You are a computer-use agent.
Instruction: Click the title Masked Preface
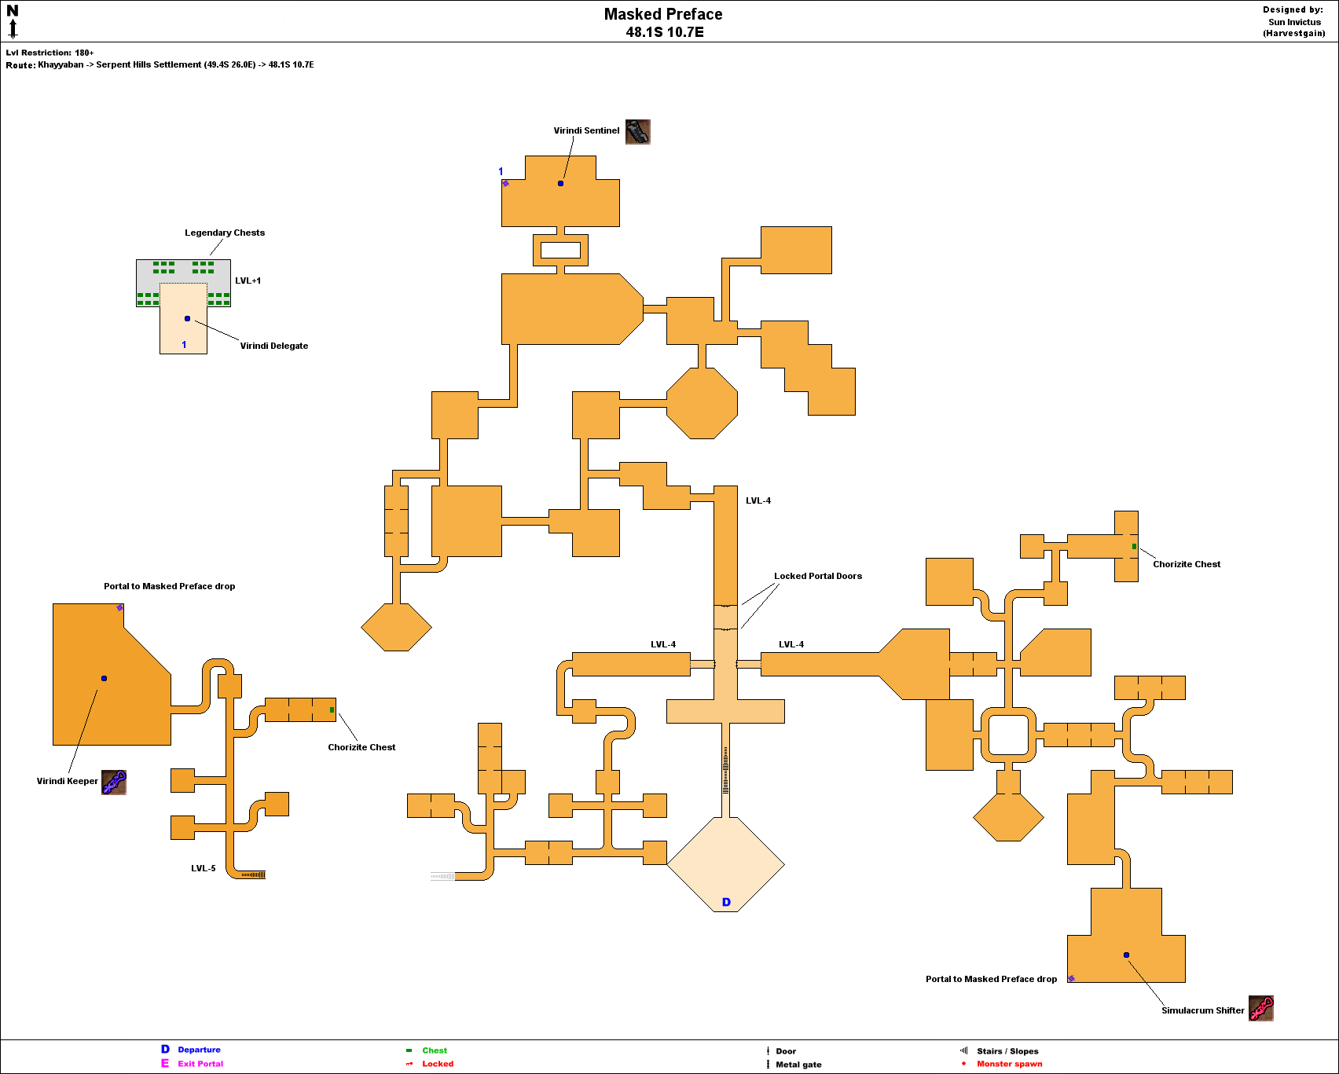click(x=662, y=14)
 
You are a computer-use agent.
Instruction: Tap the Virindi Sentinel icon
click(x=637, y=131)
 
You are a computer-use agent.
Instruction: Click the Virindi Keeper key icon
click(x=114, y=782)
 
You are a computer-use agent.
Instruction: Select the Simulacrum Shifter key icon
click(x=1260, y=1008)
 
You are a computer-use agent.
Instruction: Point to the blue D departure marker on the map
click(x=726, y=902)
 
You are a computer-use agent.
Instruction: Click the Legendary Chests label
click(x=225, y=233)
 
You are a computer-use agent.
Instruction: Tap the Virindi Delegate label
click(x=273, y=346)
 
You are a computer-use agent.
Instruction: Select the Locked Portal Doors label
click(x=817, y=576)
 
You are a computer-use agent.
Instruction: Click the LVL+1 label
click(x=248, y=280)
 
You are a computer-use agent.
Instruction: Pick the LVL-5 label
click(x=203, y=868)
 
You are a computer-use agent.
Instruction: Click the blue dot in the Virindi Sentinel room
click(x=560, y=183)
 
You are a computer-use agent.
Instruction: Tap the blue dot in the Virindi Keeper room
click(x=104, y=678)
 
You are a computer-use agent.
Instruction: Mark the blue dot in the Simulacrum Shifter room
click(x=1126, y=955)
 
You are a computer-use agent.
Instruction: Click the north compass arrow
click(x=13, y=28)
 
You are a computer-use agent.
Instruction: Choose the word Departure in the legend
click(x=199, y=1050)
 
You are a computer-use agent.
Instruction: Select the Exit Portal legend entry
click(x=200, y=1064)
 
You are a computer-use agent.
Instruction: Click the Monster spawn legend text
click(x=1009, y=1064)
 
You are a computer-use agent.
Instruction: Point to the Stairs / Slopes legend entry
click(x=1007, y=1051)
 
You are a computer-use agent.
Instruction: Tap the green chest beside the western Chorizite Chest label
click(x=332, y=709)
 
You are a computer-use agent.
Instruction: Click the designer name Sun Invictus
click(x=1294, y=22)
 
